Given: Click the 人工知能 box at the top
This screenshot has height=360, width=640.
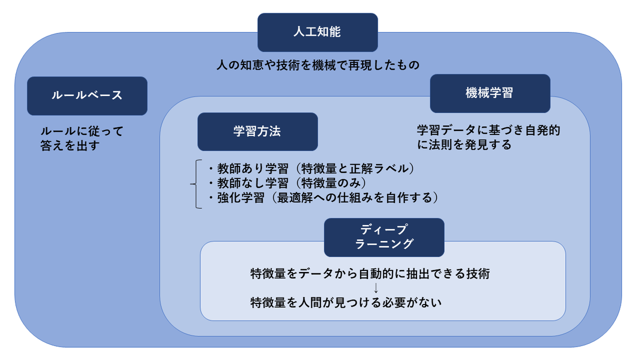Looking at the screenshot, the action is (x=317, y=33).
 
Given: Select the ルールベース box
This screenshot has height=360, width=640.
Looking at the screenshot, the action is (x=87, y=95).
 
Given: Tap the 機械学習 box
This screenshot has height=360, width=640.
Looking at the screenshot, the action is (x=490, y=93).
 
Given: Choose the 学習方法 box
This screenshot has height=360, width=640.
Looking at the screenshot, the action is (x=258, y=131).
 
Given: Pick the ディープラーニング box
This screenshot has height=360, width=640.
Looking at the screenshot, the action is (x=384, y=237).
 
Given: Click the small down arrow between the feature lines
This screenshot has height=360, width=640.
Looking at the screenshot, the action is (x=376, y=288).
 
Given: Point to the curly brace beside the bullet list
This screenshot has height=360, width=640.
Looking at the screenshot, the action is (x=196, y=184).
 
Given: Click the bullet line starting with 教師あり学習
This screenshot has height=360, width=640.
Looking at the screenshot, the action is (x=311, y=169).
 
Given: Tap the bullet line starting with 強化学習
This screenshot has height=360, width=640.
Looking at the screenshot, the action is (x=323, y=198).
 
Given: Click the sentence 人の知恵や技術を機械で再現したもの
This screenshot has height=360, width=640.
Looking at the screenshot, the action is (x=318, y=65).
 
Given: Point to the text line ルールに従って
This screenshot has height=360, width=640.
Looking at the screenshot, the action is (x=82, y=131).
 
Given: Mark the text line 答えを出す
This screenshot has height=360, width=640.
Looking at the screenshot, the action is (x=70, y=146).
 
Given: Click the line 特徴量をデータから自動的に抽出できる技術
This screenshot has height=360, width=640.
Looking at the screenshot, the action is (x=370, y=274).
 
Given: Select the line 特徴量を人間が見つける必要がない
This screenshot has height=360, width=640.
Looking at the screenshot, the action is (x=346, y=302).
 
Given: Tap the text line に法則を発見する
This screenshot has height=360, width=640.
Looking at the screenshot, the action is (x=465, y=145).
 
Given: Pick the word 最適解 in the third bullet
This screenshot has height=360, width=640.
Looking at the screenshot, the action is (x=295, y=198).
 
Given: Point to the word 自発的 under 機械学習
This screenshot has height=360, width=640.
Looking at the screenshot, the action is (x=542, y=130).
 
